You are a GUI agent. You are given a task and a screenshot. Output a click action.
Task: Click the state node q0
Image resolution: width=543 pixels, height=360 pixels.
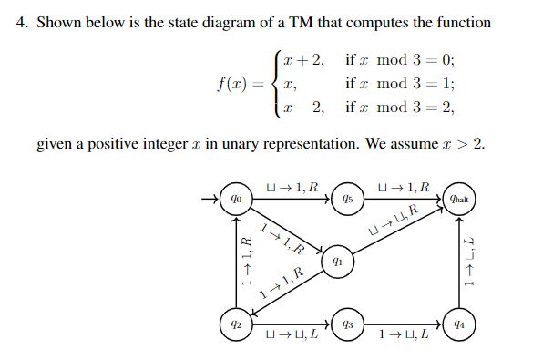(x=235, y=199)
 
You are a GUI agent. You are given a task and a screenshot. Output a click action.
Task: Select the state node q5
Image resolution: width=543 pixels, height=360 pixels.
(x=347, y=199)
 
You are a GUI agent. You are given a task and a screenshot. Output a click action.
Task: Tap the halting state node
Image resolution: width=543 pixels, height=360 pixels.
(x=458, y=199)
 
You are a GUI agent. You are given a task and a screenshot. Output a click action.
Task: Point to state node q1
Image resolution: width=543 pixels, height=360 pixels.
(x=337, y=261)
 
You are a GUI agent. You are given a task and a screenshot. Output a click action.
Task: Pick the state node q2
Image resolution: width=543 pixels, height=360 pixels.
(x=235, y=322)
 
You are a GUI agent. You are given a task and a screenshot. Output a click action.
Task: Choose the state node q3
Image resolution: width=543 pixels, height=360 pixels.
(x=347, y=322)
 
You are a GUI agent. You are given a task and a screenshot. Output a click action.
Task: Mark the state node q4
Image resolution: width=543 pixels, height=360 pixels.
(x=458, y=322)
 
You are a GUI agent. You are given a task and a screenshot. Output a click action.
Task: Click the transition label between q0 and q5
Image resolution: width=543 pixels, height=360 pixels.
(x=291, y=188)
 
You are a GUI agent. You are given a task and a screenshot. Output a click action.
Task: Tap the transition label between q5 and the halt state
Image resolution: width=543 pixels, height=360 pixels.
(x=403, y=188)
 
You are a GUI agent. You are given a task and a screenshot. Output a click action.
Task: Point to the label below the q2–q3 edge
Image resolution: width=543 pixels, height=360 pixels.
(x=291, y=335)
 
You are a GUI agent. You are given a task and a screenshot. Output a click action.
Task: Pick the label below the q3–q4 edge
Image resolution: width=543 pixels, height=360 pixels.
(x=403, y=335)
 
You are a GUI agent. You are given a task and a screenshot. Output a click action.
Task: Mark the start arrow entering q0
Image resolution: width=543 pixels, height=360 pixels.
(x=211, y=199)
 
